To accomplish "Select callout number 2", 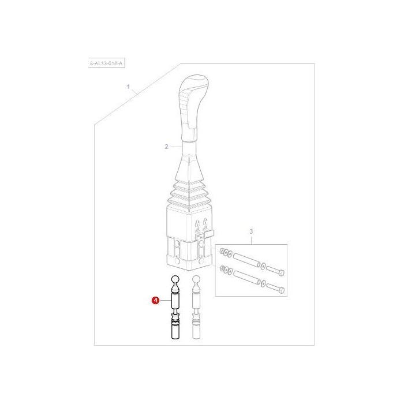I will pyautogui.click(x=166, y=147).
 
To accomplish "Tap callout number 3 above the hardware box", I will pyautogui.click(x=251, y=232).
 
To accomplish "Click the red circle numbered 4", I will pyautogui.click(x=155, y=300).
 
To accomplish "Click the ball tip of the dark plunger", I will pyautogui.click(x=175, y=282).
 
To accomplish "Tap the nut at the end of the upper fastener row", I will pyautogui.click(x=222, y=250).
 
